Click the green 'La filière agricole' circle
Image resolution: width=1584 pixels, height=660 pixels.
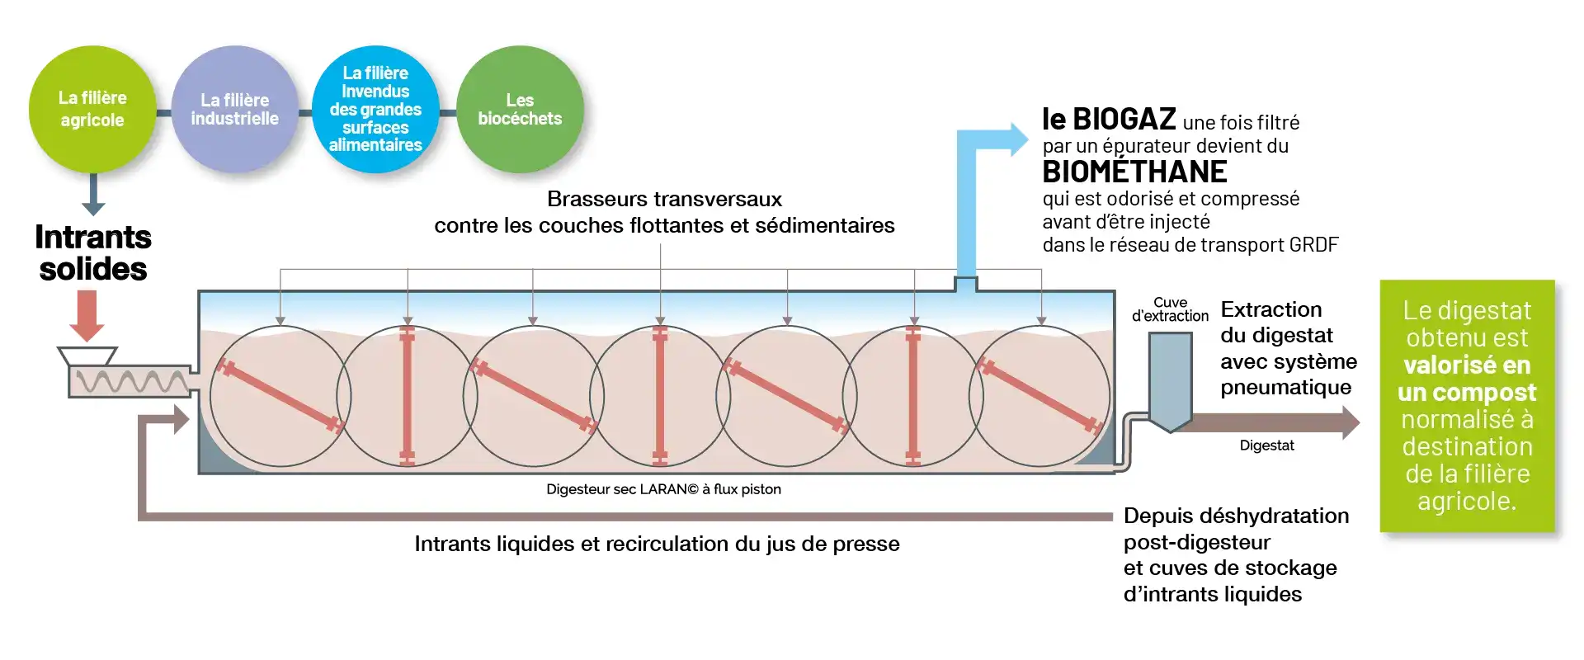coord(92,109)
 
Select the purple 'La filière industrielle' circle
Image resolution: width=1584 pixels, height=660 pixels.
coord(235,109)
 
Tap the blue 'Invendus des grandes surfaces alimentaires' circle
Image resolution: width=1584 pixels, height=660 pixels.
coord(375,109)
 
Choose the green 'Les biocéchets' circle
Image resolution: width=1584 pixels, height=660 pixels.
coord(520,109)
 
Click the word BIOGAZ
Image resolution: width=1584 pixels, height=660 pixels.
coord(1124,120)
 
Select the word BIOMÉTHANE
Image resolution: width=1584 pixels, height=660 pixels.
coord(1134,172)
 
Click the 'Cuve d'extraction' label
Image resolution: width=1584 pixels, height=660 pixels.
coord(1170,309)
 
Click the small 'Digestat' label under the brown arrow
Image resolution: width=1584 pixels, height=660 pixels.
coord(1266,445)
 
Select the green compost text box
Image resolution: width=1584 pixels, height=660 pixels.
coord(1467,405)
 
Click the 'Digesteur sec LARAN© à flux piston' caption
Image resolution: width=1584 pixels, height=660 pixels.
coord(663,489)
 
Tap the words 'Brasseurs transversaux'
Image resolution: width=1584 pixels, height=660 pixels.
coord(664,199)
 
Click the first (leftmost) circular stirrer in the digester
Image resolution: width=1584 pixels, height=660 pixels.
coord(280,397)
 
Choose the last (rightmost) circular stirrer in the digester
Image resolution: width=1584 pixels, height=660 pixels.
coord(1040,397)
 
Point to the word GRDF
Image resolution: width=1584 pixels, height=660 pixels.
coord(1313,245)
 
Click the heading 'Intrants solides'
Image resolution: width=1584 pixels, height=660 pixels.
coord(93,253)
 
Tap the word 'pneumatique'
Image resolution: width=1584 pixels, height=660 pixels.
coord(1285,387)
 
